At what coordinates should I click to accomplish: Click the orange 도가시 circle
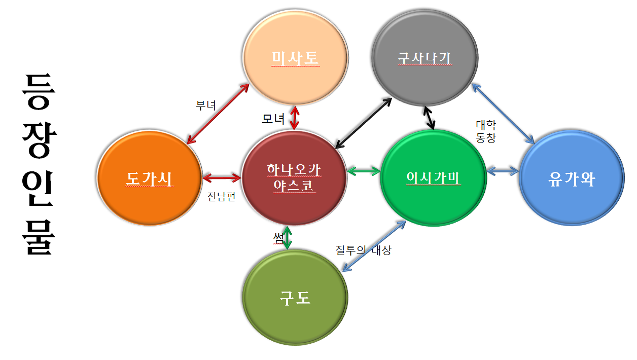click(149, 178)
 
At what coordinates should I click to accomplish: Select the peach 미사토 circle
click(296, 57)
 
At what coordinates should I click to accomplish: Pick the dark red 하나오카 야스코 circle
click(295, 178)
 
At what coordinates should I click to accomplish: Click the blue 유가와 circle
click(572, 179)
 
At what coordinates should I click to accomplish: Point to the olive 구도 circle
click(295, 298)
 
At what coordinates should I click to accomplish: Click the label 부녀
click(206, 105)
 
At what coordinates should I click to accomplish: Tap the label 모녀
click(273, 119)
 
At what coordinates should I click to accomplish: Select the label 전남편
click(222, 197)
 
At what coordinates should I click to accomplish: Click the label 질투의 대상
click(363, 250)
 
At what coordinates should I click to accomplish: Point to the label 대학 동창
click(485, 131)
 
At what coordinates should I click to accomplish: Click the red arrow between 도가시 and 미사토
click(219, 113)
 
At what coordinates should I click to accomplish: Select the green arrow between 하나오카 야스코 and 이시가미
click(364, 170)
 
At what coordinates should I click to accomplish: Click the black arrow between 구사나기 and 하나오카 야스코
click(364, 122)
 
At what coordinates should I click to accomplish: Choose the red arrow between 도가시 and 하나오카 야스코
click(222, 177)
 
